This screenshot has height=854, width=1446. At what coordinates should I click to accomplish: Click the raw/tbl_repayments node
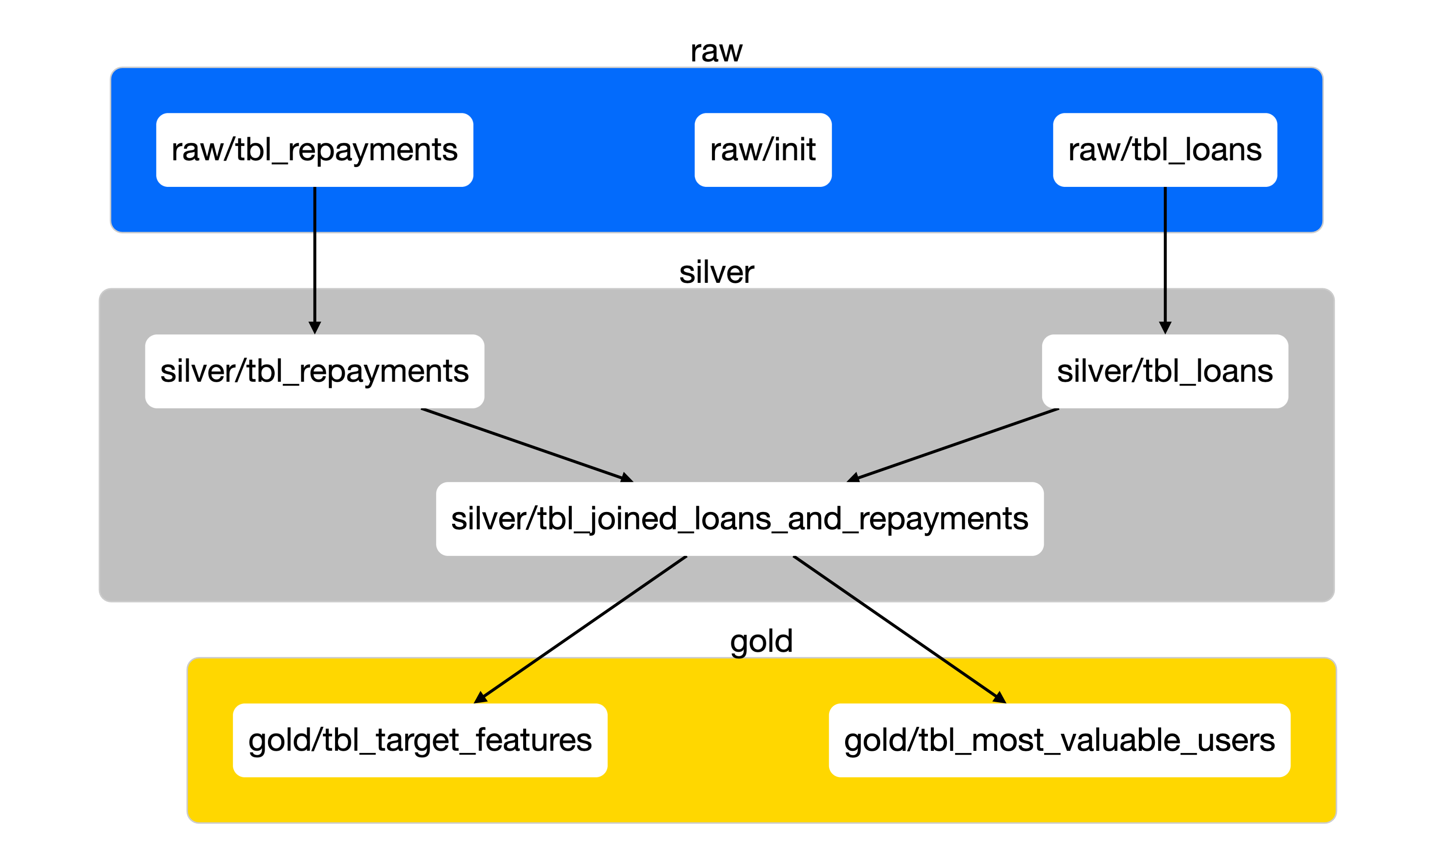point(315,150)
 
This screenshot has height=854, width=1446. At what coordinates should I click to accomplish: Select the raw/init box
point(763,150)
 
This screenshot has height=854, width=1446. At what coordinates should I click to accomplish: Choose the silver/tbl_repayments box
point(315,371)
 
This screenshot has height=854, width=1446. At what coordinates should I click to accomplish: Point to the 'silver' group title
point(716,272)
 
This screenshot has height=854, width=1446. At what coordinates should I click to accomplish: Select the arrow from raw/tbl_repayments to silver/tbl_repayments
point(315,259)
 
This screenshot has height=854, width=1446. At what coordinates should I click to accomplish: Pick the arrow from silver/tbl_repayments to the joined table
point(526,445)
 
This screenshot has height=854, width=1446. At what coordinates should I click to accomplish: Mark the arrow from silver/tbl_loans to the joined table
point(955,445)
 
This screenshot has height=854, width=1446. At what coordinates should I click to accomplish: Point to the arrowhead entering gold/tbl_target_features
point(480,698)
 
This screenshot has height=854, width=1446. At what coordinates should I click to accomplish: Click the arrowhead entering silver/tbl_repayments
point(315,328)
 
